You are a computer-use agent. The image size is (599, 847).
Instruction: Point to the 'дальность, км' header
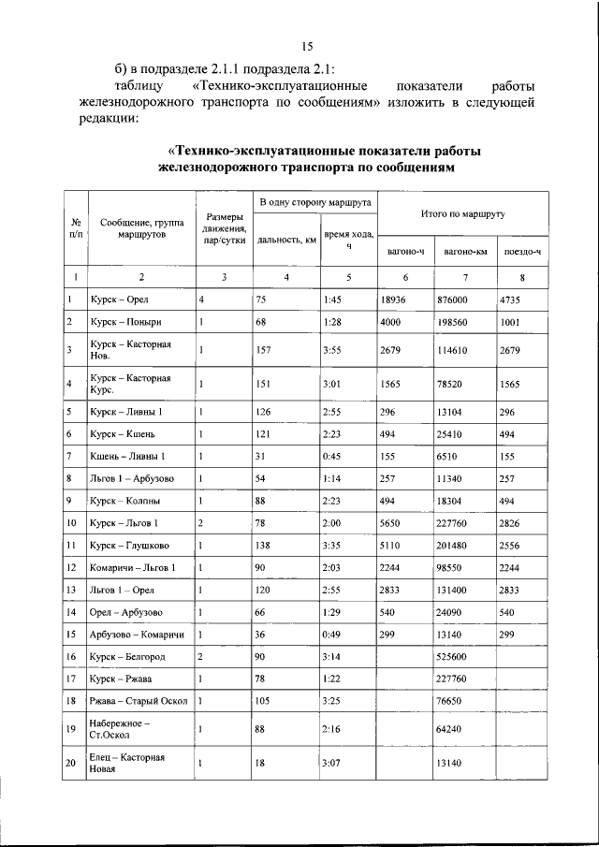tap(285, 238)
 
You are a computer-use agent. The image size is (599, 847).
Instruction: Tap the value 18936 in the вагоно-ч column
tap(397, 299)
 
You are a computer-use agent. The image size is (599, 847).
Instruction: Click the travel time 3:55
tap(333, 350)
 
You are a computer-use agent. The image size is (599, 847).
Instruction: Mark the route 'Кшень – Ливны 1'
tap(127, 456)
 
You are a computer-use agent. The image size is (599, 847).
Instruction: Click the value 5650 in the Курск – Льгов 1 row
tap(394, 523)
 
